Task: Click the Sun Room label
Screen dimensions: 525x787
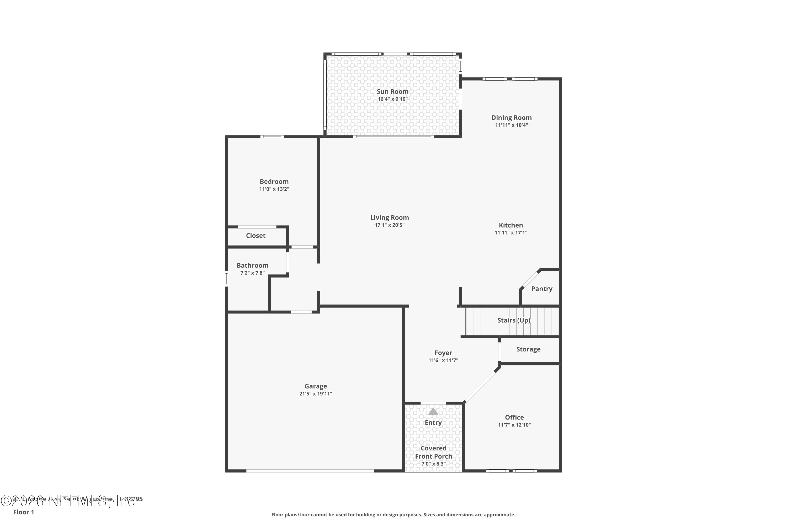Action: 392,91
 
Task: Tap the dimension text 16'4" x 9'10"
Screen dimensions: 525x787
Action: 392,99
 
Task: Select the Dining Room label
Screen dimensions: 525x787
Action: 511,118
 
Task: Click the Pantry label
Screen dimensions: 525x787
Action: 541,288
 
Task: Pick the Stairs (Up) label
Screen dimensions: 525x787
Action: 514,320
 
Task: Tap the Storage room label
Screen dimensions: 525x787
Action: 528,349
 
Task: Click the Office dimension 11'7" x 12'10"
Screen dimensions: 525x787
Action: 514,425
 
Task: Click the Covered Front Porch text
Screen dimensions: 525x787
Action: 433,452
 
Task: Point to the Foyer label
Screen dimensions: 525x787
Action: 443,353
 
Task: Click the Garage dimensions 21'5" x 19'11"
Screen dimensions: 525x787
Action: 316,394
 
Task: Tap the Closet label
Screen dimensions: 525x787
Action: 256,235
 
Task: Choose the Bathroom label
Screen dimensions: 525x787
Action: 252,265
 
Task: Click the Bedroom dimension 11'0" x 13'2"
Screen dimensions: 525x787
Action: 274,189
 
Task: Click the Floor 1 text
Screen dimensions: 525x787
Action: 23,512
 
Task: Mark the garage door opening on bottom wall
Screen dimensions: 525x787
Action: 310,471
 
